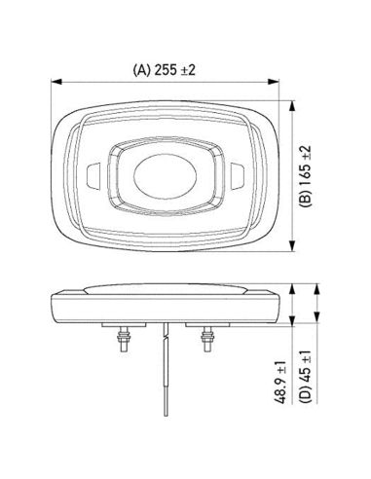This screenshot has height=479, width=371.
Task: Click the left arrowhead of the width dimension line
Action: pos(55,83)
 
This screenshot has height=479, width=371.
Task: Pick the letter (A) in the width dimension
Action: pos(142,70)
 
